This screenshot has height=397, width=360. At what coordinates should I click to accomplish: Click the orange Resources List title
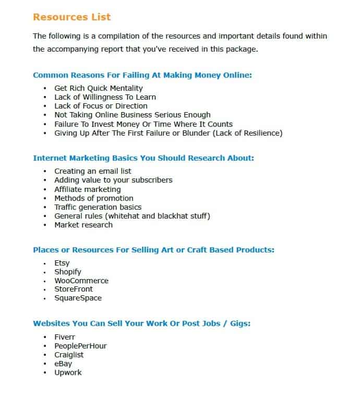(71, 17)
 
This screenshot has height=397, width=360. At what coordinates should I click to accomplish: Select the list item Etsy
(62, 263)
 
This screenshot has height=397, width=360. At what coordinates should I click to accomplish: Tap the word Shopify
(68, 272)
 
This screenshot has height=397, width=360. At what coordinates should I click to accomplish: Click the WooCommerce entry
(81, 281)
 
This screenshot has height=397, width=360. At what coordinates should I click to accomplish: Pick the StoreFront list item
(74, 290)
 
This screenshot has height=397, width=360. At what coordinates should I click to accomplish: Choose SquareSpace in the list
(78, 298)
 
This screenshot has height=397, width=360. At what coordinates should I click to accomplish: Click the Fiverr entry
(65, 337)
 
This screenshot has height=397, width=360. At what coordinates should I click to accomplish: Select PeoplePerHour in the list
(80, 346)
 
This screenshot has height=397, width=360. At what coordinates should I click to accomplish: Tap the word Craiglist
(69, 355)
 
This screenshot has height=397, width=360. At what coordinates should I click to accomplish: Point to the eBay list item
(63, 364)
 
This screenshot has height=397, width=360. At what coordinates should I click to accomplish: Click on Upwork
(68, 372)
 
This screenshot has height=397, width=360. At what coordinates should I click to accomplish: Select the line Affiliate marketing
(87, 189)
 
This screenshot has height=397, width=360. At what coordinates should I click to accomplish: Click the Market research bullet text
(83, 225)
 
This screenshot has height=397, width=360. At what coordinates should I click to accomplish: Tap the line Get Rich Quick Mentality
(98, 88)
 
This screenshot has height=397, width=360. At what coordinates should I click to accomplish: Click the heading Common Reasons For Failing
(142, 75)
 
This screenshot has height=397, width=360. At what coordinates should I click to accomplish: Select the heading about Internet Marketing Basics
(143, 158)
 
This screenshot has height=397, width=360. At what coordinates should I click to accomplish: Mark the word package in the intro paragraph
(241, 50)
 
